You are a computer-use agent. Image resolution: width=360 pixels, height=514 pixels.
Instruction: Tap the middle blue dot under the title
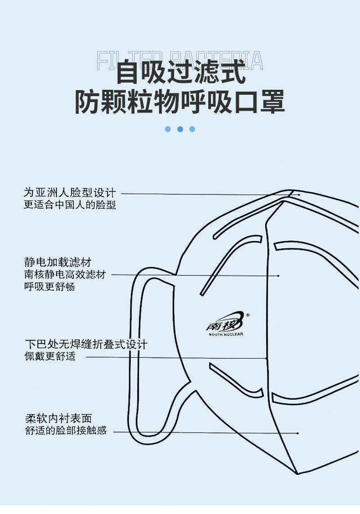(x=180, y=129)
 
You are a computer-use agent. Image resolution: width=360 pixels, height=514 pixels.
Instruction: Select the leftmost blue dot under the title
(x=168, y=129)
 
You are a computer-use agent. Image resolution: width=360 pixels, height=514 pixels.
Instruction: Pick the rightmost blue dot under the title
(x=192, y=129)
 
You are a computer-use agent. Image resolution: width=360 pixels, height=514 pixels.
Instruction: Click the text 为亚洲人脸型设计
(x=70, y=193)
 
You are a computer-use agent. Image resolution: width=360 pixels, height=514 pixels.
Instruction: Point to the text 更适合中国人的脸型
(x=70, y=205)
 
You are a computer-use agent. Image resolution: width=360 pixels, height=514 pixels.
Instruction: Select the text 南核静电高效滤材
(x=65, y=275)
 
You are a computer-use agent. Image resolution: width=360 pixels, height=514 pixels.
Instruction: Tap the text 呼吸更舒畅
(x=49, y=287)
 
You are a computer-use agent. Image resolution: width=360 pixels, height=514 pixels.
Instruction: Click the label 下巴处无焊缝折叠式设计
(x=86, y=345)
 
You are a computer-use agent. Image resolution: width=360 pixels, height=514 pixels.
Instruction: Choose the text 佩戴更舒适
(x=50, y=357)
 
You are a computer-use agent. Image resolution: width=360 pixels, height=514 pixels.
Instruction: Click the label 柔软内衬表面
(x=58, y=419)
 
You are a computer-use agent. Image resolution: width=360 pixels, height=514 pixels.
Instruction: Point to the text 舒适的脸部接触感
(x=66, y=431)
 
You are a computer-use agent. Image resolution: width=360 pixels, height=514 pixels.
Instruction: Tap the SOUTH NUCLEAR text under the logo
(x=226, y=334)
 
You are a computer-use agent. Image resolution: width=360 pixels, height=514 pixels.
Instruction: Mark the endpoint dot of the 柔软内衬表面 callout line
(x=298, y=433)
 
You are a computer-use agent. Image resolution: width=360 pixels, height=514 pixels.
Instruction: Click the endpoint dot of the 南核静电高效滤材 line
(x=279, y=275)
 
